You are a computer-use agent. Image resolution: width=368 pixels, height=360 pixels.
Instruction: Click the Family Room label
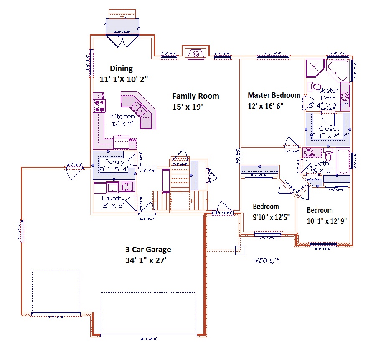click(195, 96)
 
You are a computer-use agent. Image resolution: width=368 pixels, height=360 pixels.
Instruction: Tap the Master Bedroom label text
click(274, 95)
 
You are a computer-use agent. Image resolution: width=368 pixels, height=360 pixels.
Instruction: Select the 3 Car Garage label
click(148, 250)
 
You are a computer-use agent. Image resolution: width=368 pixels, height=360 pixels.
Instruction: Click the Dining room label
click(121, 69)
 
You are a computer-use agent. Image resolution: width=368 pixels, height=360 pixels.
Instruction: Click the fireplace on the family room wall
click(194, 54)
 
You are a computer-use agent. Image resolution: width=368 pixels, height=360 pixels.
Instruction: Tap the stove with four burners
click(99, 105)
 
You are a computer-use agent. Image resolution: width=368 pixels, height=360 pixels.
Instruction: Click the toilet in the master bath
click(314, 87)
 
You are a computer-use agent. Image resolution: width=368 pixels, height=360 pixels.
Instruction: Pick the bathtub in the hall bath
click(344, 161)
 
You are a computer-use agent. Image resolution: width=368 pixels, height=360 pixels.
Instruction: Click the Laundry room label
click(113, 199)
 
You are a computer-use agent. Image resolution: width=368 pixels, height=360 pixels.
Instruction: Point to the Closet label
click(329, 129)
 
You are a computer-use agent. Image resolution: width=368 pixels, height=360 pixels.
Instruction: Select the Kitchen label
click(122, 116)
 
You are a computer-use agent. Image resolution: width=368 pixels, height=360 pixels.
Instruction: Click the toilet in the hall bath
click(328, 155)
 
